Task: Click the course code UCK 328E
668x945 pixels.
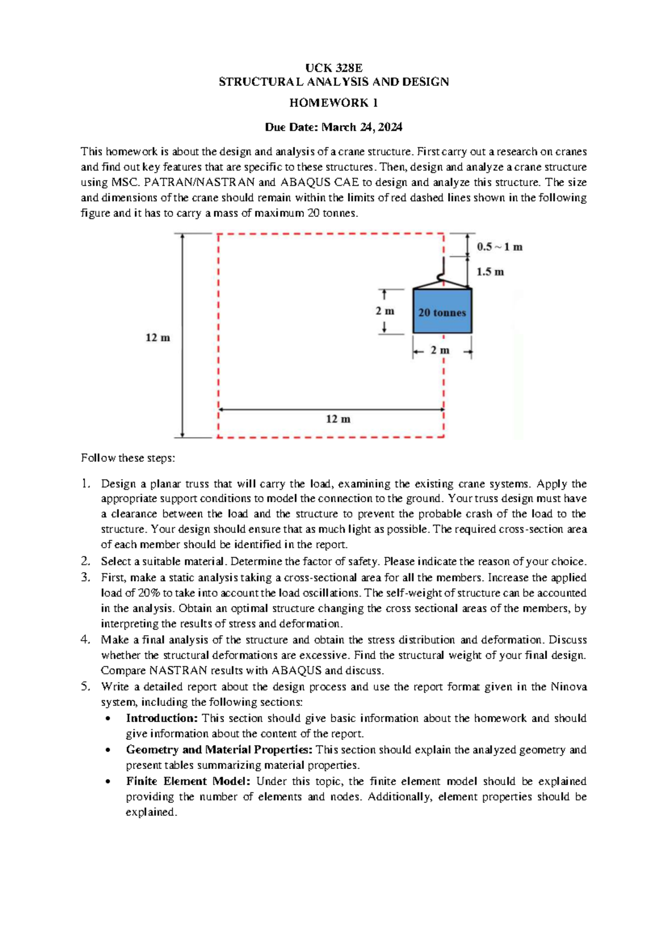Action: (333, 68)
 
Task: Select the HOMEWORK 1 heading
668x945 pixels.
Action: (333, 103)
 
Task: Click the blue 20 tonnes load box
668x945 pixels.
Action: (442, 311)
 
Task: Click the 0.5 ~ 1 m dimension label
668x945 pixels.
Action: (499, 247)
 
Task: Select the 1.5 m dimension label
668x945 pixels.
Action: (490, 272)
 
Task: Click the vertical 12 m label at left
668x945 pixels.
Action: (158, 338)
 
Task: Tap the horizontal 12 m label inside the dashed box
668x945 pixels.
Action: (338, 419)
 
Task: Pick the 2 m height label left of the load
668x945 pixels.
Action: (385, 311)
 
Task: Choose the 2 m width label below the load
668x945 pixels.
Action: (440, 350)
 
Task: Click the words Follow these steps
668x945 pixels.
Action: (127, 458)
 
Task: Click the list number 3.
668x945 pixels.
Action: (85, 577)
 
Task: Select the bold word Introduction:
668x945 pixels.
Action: (162, 718)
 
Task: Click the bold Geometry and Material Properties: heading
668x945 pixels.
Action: (219, 750)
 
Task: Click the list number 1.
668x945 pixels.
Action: (85, 484)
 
